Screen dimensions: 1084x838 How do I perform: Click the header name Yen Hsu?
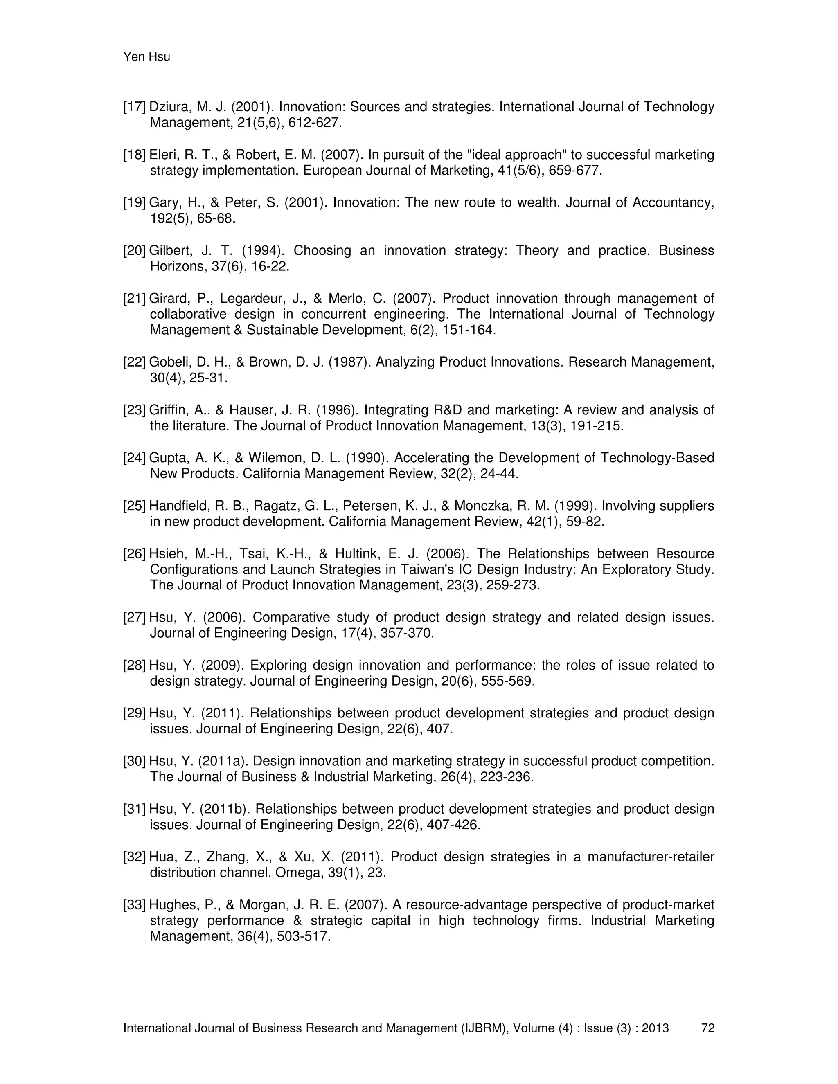pyautogui.click(x=146, y=57)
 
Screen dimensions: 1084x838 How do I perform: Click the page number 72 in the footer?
pyautogui.click(x=707, y=1028)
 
